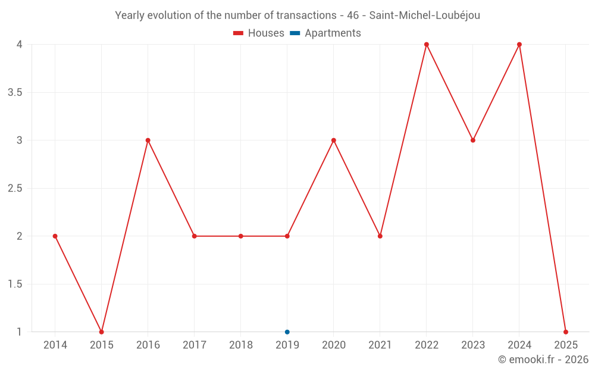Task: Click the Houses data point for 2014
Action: pyautogui.click(x=55, y=236)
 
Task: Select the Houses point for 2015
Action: pyautogui.click(x=101, y=332)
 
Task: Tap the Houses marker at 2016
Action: pyautogui.click(x=148, y=140)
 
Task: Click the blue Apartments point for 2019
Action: pyautogui.click(x=287, y=332)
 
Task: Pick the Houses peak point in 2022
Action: pyautogui.click(x=427, y=45)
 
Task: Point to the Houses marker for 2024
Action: pyautogui.click(x=519, y=45)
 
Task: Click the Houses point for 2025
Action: pyautogui.click(x=566, y=332)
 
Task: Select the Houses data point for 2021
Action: pyautogui.click(x=380, y=236)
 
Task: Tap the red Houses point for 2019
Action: pyautogui.click(x=287, y=236)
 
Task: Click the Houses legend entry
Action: pyautogui.click(x=259, y=33)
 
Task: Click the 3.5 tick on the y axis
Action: pyautogui.click(x=15, y=92)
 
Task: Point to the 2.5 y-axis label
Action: pyautogui.click(x=15, y=188)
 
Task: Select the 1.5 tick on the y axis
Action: pyautogui.click(x=15, y=284)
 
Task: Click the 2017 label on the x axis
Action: pyautogui.click(x=194, y=345)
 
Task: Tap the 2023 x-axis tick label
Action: pyautogui.click(x=473, y=345)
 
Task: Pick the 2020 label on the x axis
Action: pyautogui.click(x=333, y=345)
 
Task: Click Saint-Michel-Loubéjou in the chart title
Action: pyautogui.click(x=424, y=15)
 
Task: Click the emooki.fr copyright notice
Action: pyautogui.click(x=543, y=360)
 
